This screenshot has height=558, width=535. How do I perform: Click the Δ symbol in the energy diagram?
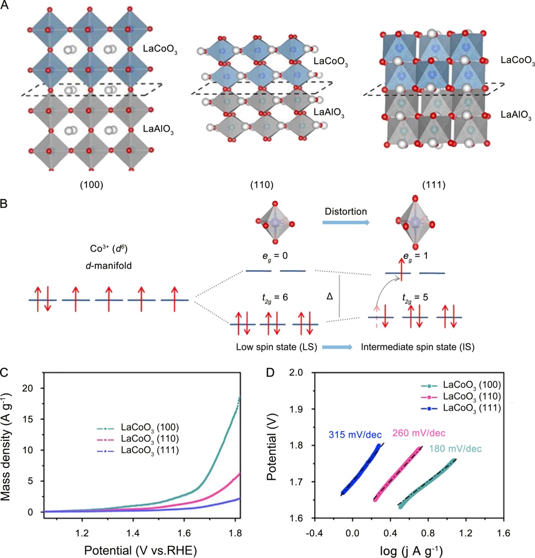tap(330, 297)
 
